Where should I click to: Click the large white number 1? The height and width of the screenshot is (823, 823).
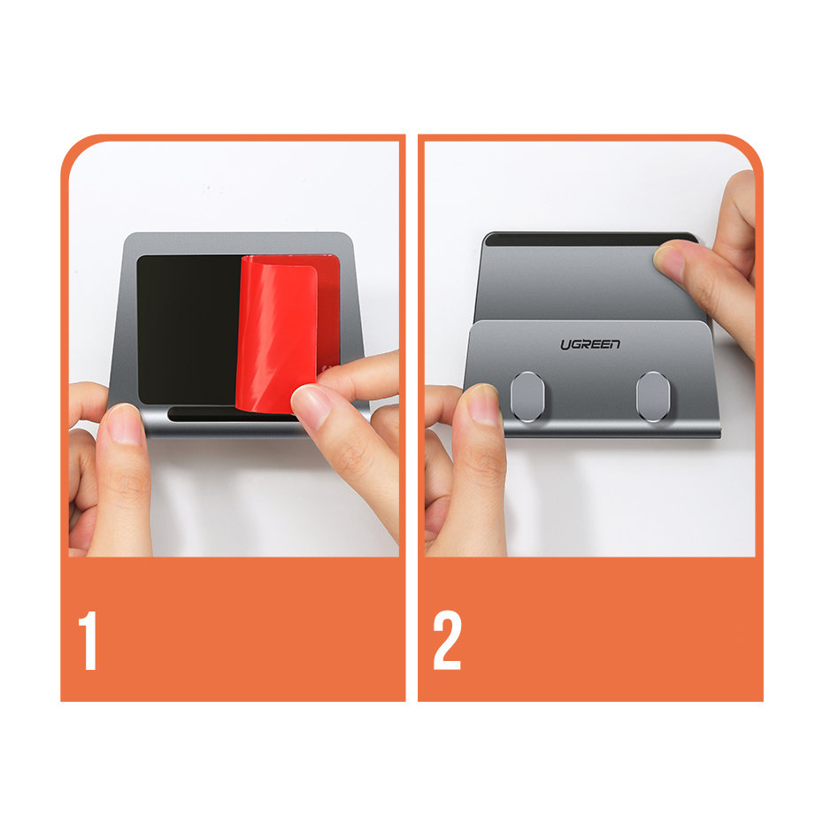tap(88, 641)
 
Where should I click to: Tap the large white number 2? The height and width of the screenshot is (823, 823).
tap(447, 641)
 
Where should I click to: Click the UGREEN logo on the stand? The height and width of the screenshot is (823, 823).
tap(590, 344)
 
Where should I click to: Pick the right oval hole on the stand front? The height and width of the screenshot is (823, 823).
tap(652, 396)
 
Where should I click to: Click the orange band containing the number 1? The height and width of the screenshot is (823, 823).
tap(233, 629)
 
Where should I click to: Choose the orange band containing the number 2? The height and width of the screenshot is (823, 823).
tap(590, 629)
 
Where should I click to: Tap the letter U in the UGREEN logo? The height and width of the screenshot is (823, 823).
tap(565, 345)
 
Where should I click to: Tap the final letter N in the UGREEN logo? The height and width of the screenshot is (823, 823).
tap(614, 343)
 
